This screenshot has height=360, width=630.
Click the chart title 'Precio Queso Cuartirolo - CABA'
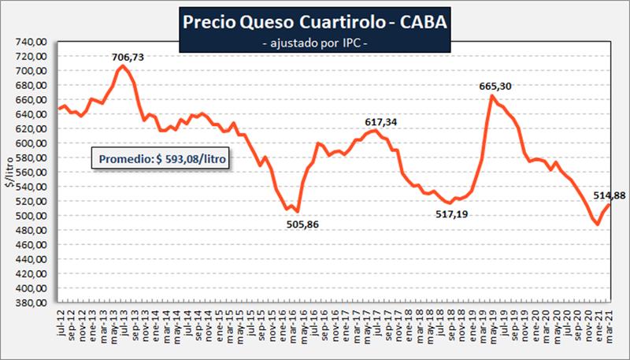(313, 22)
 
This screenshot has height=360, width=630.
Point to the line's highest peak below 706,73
(121, 66)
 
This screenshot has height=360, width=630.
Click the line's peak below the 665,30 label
(492, 96)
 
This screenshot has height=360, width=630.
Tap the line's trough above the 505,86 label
(297, 211)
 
